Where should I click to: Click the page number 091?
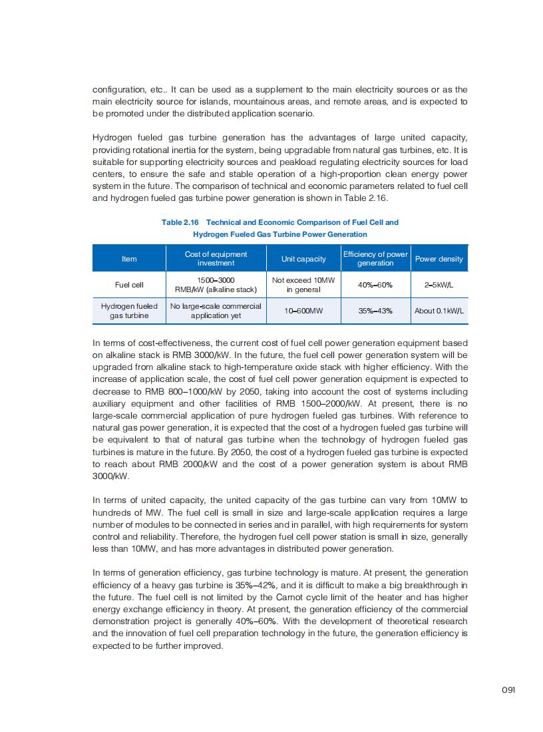pyautogui.click(x=509, y=689)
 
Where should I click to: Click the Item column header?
pyautogui.click(x=129, y=259)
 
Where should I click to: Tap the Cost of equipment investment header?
pyautogui.click(x=216, y=259)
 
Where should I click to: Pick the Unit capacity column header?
pyautogui.click(x=303, y=259)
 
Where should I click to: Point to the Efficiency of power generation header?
pyautogui.click(x=375, y=259)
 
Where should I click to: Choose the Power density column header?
pyautogui.click(x=439, y=259)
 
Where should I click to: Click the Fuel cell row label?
pyautogui.click(x=129, y=285)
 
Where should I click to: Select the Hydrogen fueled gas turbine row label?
pyautogui.click(x=129, y=311)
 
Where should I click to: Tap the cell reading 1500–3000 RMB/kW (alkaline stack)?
pyautogui.click(x=216, y=285)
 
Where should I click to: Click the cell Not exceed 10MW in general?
pyautogui.click(x=303, y=285)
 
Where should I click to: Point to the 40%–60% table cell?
pyautogui.click(x=375, y=285)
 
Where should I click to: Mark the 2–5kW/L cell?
pyautogui.click(x=439, y=285)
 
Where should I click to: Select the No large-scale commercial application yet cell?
pyautogui.click(x=216, y=311)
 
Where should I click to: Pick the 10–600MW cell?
pyautogui.click(x=303, y=311)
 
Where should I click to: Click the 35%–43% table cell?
pyautogui.click(x=375, y=311)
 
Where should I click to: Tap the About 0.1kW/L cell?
pyautogui.click(x=439, y=311)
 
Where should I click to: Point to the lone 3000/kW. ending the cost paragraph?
pyautogui.click(x=110, y=476)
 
